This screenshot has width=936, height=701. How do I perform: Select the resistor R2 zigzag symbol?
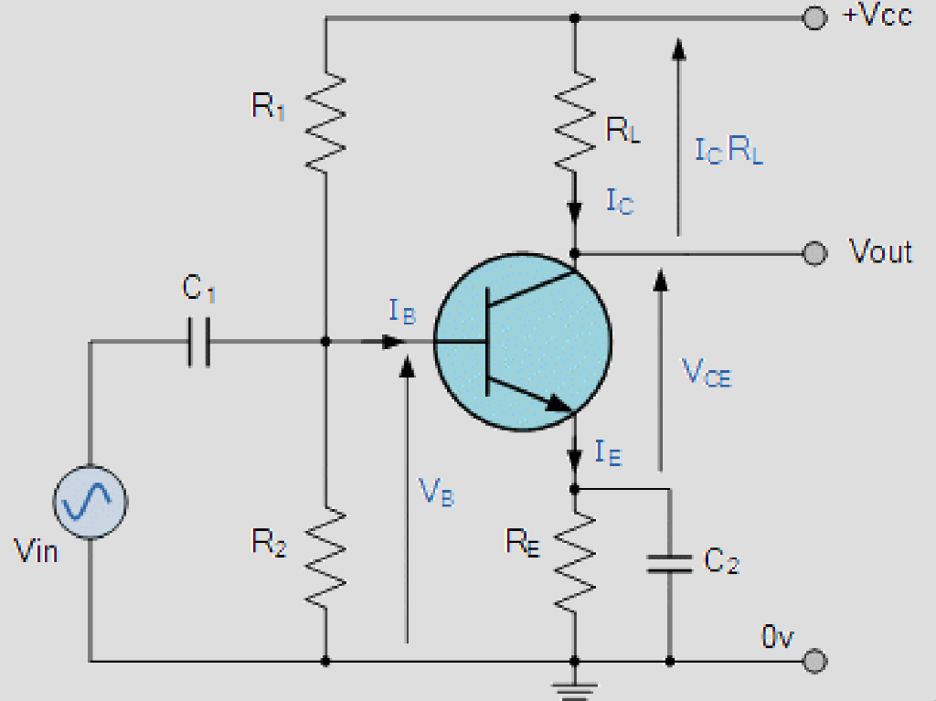[325, 558]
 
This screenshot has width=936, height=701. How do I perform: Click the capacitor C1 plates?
[199, 343]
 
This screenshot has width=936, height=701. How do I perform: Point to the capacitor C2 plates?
[669, 563]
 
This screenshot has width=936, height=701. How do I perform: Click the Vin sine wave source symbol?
[90, 501]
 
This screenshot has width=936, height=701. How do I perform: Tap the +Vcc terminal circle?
[812, 17]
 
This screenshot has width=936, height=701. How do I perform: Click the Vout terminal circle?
[812, 253]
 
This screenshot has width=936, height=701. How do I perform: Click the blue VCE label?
[707, 372]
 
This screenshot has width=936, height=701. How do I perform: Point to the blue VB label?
[436, 494]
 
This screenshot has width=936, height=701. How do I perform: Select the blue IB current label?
[402, 313]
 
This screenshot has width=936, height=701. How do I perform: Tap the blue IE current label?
[608, 451]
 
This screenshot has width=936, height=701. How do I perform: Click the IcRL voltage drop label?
[729, 152]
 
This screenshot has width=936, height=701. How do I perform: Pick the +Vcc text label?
[877, 16]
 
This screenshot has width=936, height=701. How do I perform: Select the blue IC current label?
[619, 201]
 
